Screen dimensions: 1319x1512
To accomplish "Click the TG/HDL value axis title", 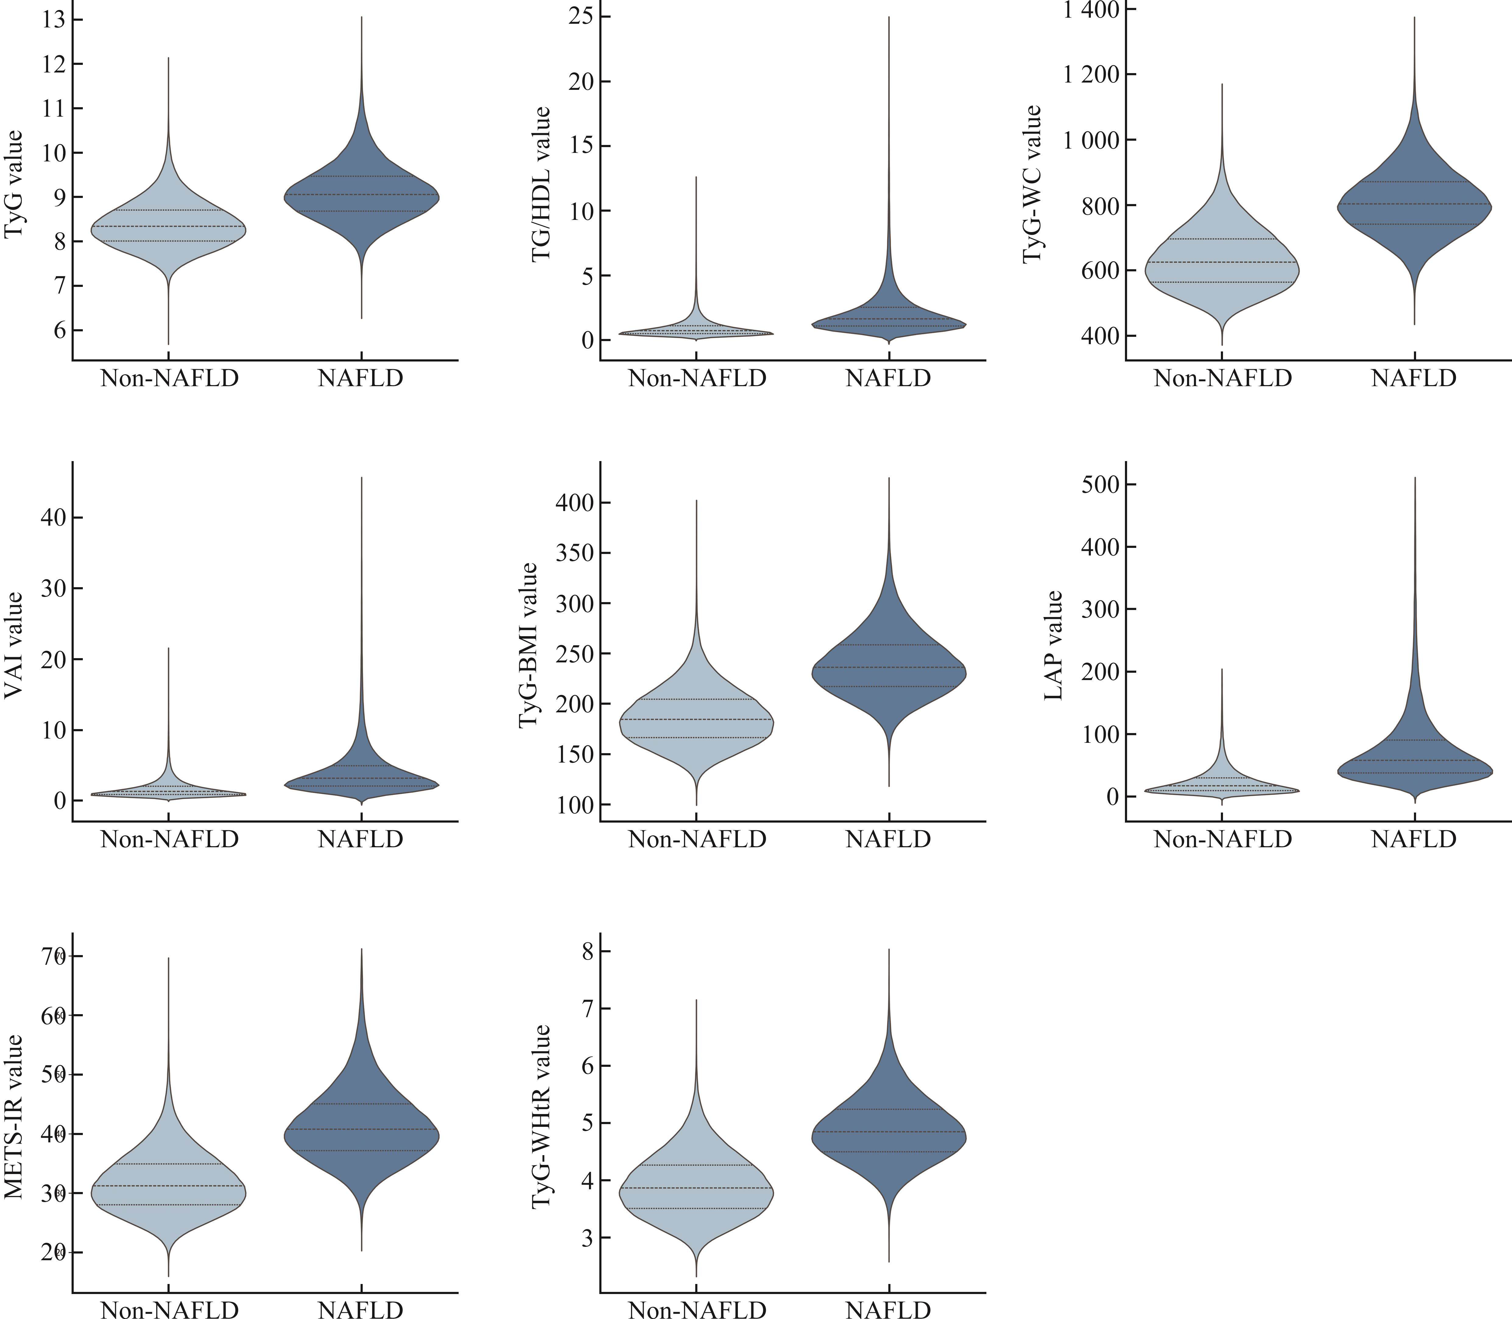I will click(541, 184).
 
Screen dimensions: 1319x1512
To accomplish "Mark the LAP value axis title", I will click(1054, 646).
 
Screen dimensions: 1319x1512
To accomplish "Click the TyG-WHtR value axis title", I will click(541, 1117).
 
